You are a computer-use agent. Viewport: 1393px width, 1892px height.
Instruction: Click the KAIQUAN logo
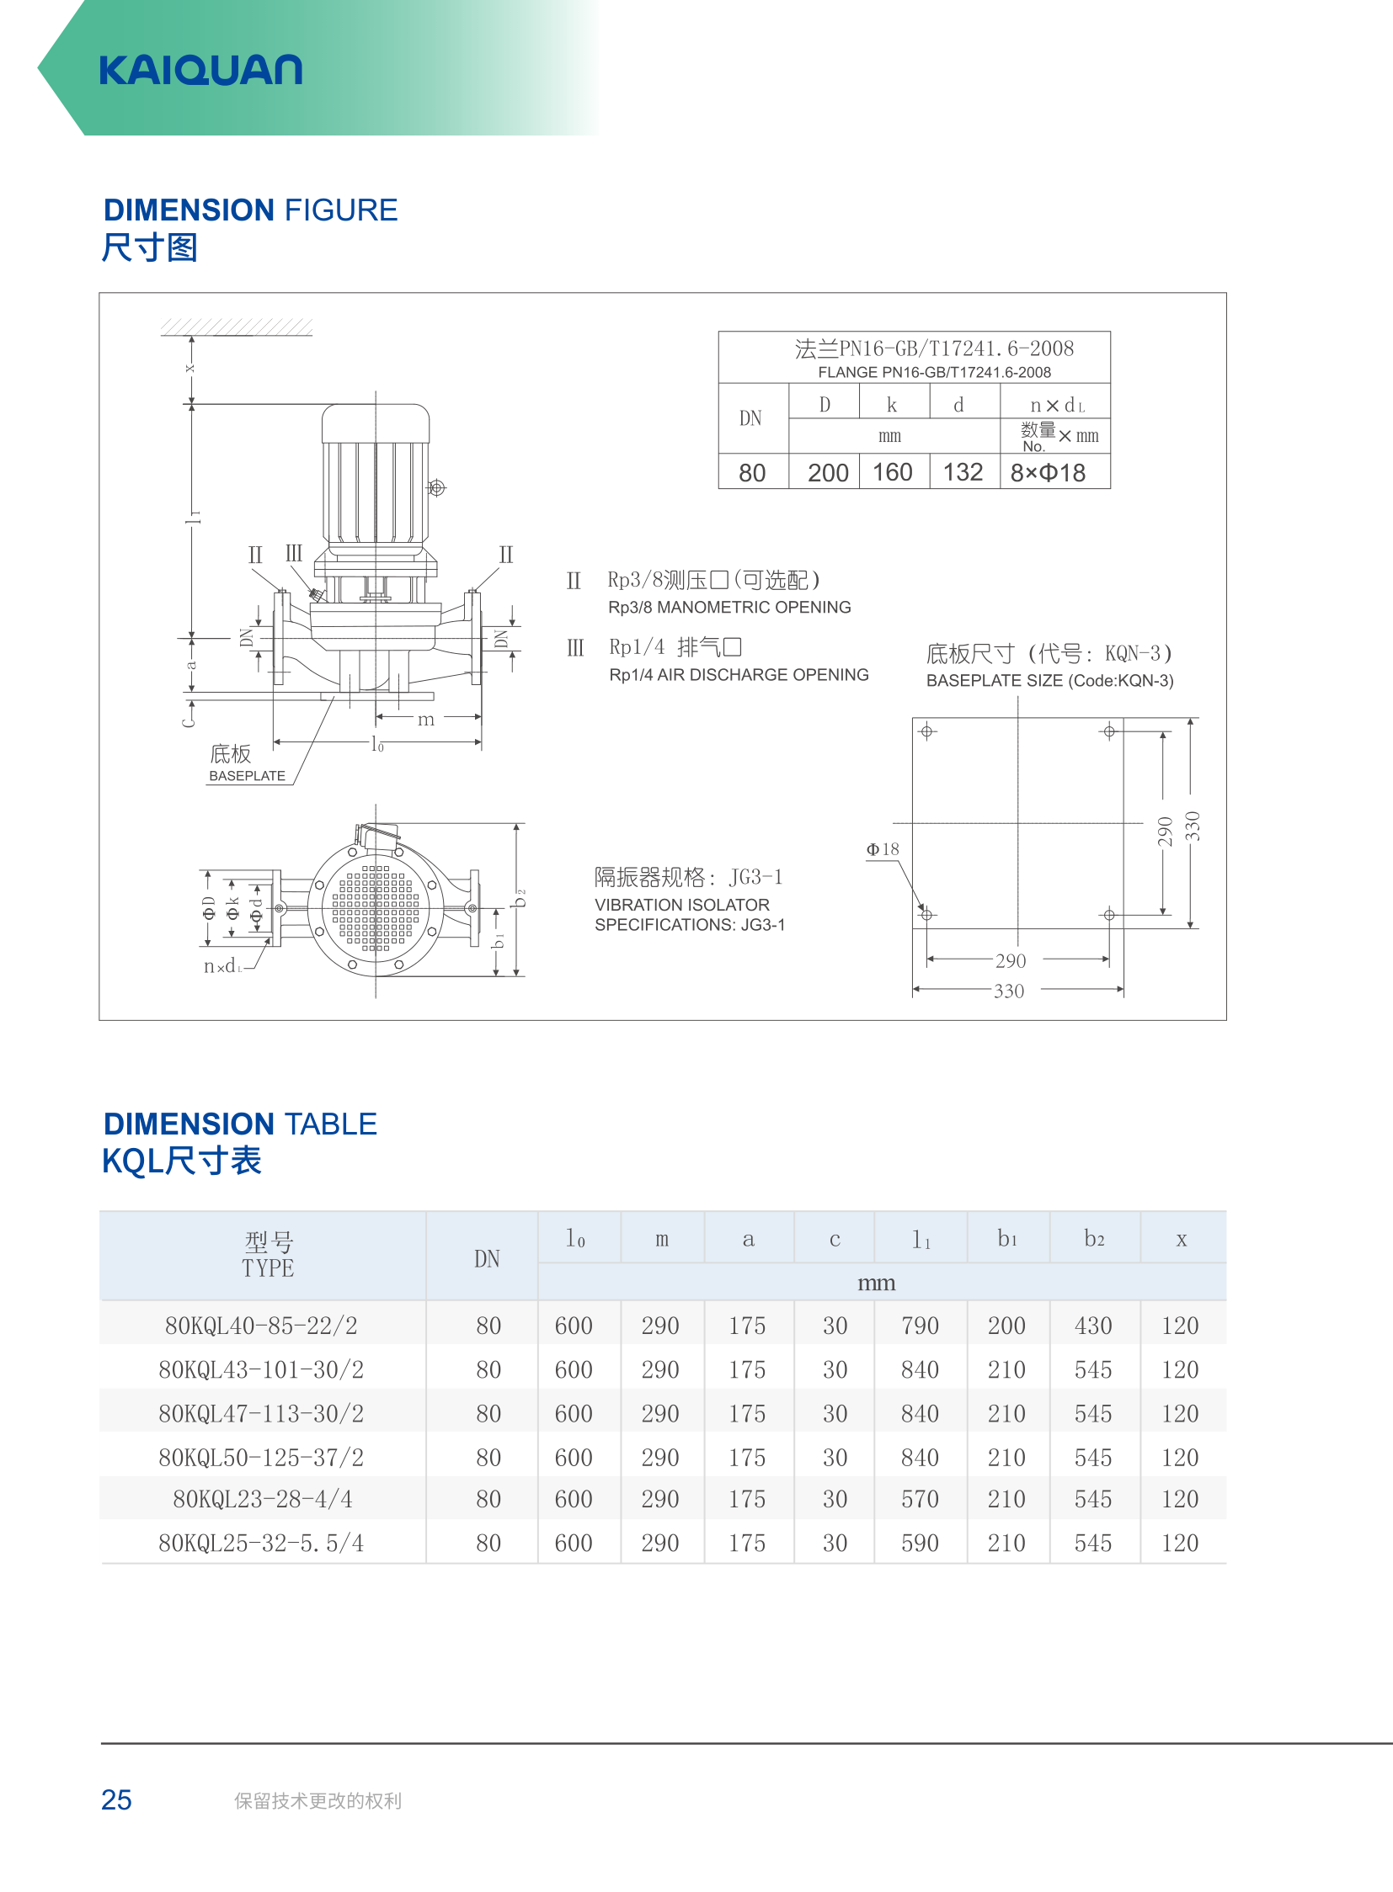point(200,70)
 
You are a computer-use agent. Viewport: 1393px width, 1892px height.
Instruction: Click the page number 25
point(116,1799)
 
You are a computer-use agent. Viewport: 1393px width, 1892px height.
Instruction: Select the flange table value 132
point(963,472)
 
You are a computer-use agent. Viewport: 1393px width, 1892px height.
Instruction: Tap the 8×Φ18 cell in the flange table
point(1049,473)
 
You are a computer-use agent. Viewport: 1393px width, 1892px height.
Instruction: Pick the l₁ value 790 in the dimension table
point(920,1326)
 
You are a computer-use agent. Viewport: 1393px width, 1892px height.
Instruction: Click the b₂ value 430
point(1094,1326)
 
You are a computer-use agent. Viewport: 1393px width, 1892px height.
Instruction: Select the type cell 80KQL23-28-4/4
point(262,1498)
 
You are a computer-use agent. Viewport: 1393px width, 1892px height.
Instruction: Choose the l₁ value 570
point(920,1498)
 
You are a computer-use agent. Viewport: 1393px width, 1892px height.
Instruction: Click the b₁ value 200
point(1006,1326)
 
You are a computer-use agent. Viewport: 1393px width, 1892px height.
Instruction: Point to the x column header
point(1182,1239)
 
